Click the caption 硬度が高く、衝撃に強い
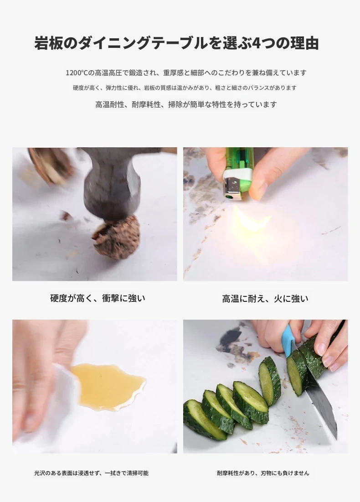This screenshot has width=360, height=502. point(98,298)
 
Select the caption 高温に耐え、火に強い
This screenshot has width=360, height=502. point(265,299)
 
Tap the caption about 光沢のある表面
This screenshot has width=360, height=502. point(91,473)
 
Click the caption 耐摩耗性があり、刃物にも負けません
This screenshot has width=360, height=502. point(263,473)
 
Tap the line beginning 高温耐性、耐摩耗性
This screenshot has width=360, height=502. point(186,104)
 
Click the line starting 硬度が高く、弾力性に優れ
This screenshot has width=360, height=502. point(185,88)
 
